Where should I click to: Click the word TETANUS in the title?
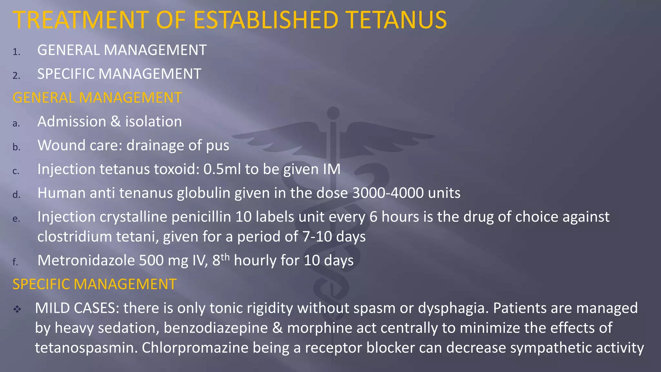pos(397,20)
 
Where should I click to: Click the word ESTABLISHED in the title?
pos(266,20)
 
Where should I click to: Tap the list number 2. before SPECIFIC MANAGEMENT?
pos(16,76)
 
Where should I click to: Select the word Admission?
pos(72,122)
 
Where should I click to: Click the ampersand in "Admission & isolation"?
pos(116,122)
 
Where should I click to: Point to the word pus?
pos(218,146)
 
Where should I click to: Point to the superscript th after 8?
pos(225,257)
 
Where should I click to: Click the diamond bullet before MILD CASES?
pos(17,309)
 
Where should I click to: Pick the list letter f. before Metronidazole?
pos(15,262)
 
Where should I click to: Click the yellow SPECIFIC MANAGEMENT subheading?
pos(94,284)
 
